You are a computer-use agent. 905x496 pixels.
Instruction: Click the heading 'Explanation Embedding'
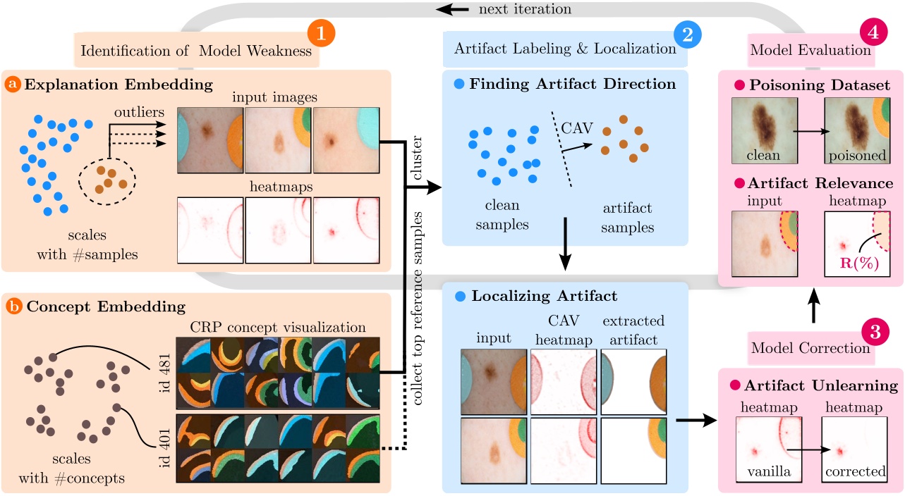[118, 85]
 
